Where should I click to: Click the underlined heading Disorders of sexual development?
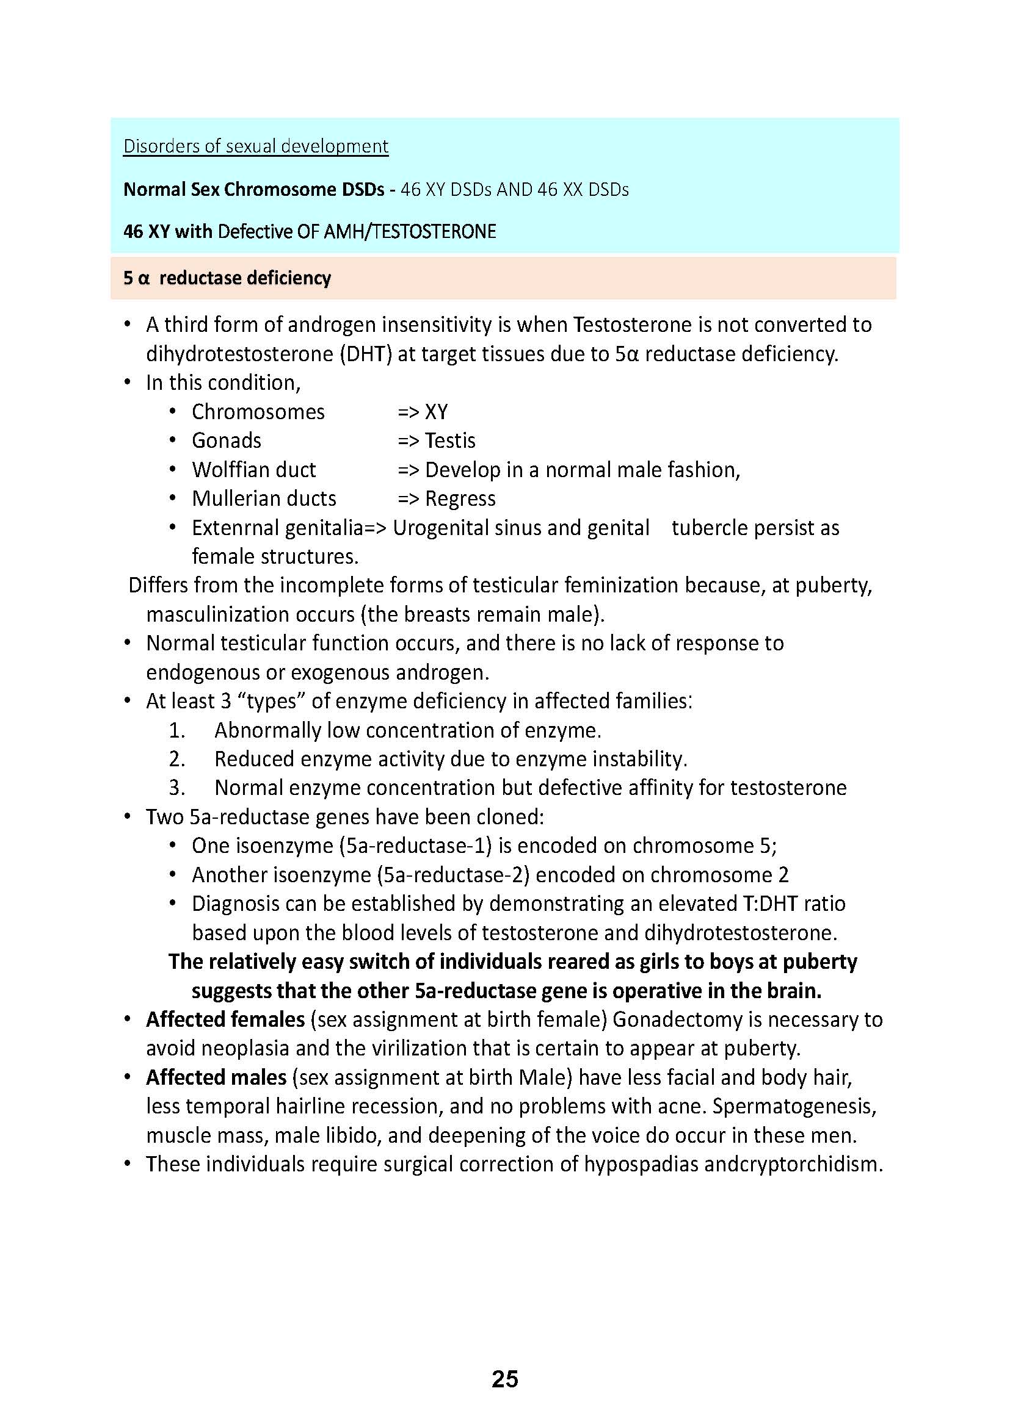coord(256,146)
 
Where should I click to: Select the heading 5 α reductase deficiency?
coord(227,278)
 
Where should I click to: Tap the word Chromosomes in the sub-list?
coord(258,412)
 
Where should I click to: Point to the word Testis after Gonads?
coord(450,440)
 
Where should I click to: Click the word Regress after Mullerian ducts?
coord(460,498)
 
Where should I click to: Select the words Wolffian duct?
coord(254,470)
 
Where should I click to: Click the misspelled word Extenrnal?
coord(236,528)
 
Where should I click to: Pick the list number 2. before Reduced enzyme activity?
coord(177,759)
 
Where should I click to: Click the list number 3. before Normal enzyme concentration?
coord(177,788)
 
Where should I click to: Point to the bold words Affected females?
coord(225,1019)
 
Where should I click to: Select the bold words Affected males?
coord(216,1077)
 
